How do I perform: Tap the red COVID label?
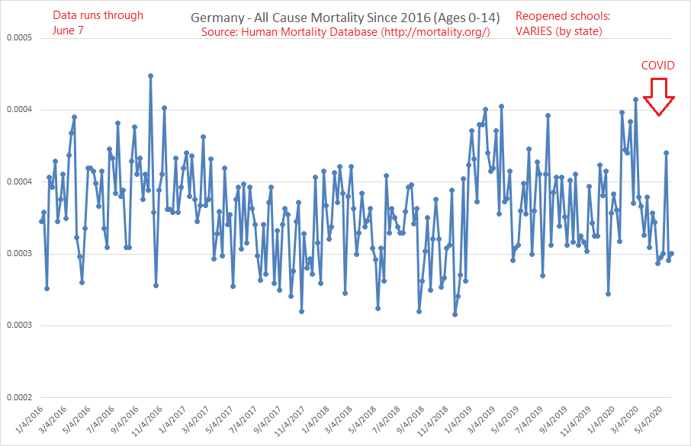coord(657,66)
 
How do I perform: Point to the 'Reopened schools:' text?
coord(563,15)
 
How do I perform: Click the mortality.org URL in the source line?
coord(435,32)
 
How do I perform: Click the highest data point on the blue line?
coord(150,75)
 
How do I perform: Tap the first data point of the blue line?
coord(42,221)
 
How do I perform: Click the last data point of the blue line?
coord(671,254)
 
